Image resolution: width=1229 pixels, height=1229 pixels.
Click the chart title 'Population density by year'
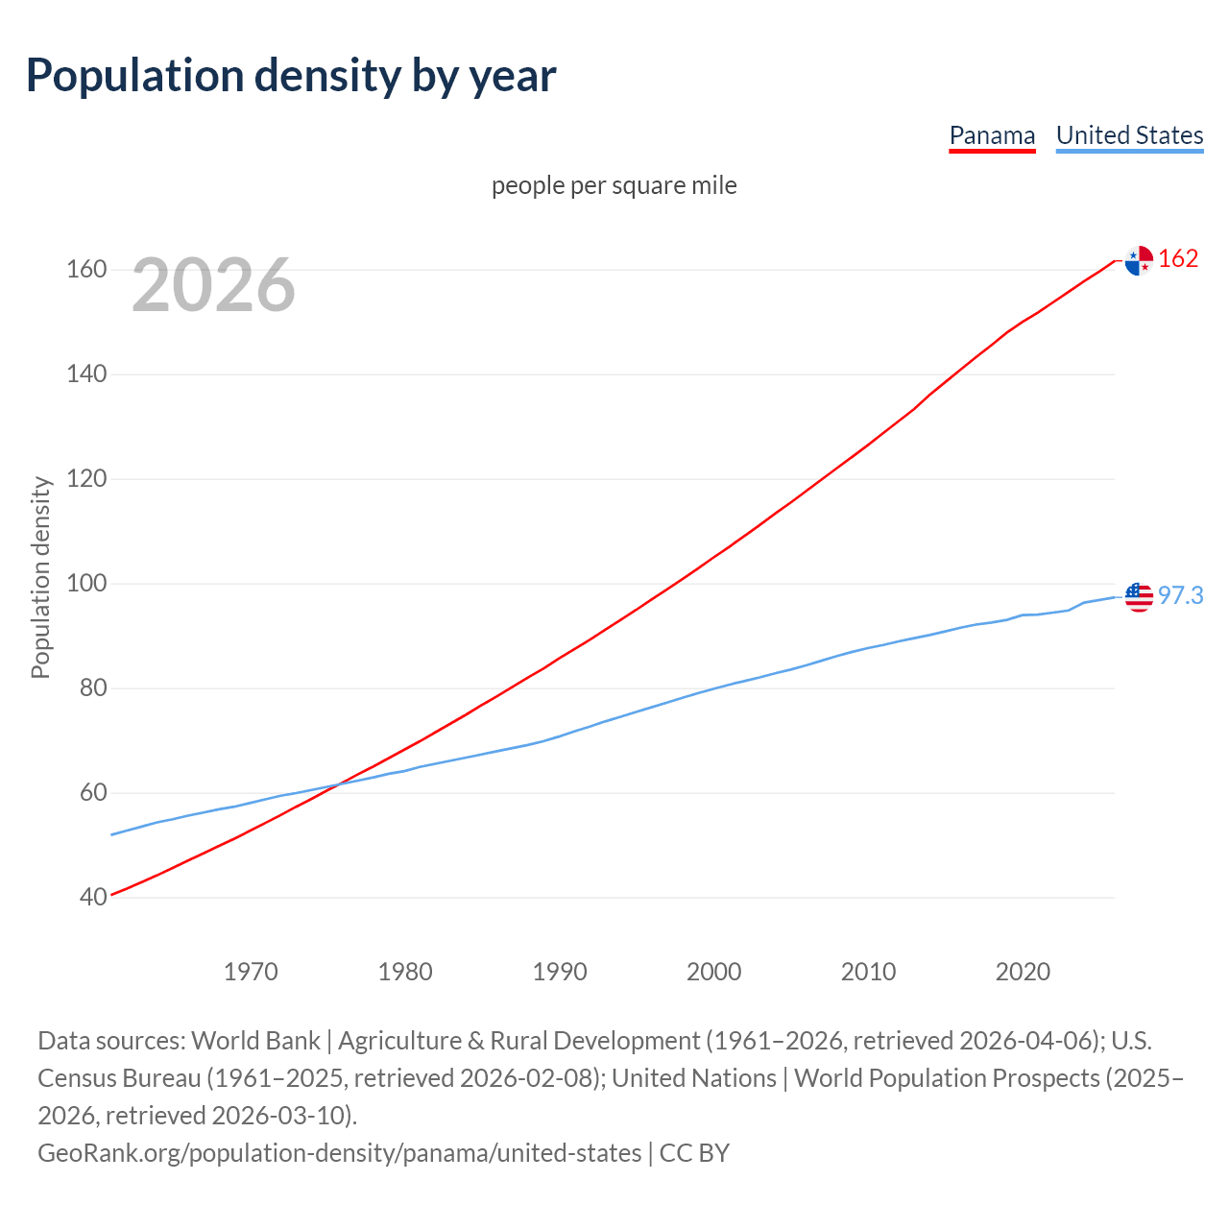click(291, 76)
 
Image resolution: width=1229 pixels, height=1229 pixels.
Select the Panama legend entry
click(992, 135)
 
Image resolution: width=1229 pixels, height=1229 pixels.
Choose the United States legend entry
click(1129, 135)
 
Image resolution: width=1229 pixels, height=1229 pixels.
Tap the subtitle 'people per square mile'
click(614, 185)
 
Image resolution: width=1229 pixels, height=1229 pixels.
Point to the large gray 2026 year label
click(213, 285)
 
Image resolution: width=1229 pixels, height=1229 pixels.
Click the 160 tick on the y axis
click(85, 270)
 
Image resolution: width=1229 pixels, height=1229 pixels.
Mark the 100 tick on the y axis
click(85, 584)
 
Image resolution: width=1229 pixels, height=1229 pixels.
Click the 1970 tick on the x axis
click(251, 972)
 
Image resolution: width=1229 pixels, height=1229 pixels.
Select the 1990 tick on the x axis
click(560, 972)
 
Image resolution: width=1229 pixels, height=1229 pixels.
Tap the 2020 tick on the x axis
click(1023, 972)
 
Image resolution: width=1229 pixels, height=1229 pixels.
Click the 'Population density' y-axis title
click(40, 577)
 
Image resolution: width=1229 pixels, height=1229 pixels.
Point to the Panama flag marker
click(1139, 260)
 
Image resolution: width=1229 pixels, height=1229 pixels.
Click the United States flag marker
click(1139, 596)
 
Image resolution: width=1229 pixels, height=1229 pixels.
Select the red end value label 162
click(1178, 259)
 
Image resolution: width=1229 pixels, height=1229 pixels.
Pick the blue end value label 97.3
click(1180, 596)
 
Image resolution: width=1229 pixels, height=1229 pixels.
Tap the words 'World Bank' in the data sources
click(255, 1041)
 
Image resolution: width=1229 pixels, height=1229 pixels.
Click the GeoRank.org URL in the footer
click(339, 1153)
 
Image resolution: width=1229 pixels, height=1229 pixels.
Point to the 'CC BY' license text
click(694, 1153)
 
